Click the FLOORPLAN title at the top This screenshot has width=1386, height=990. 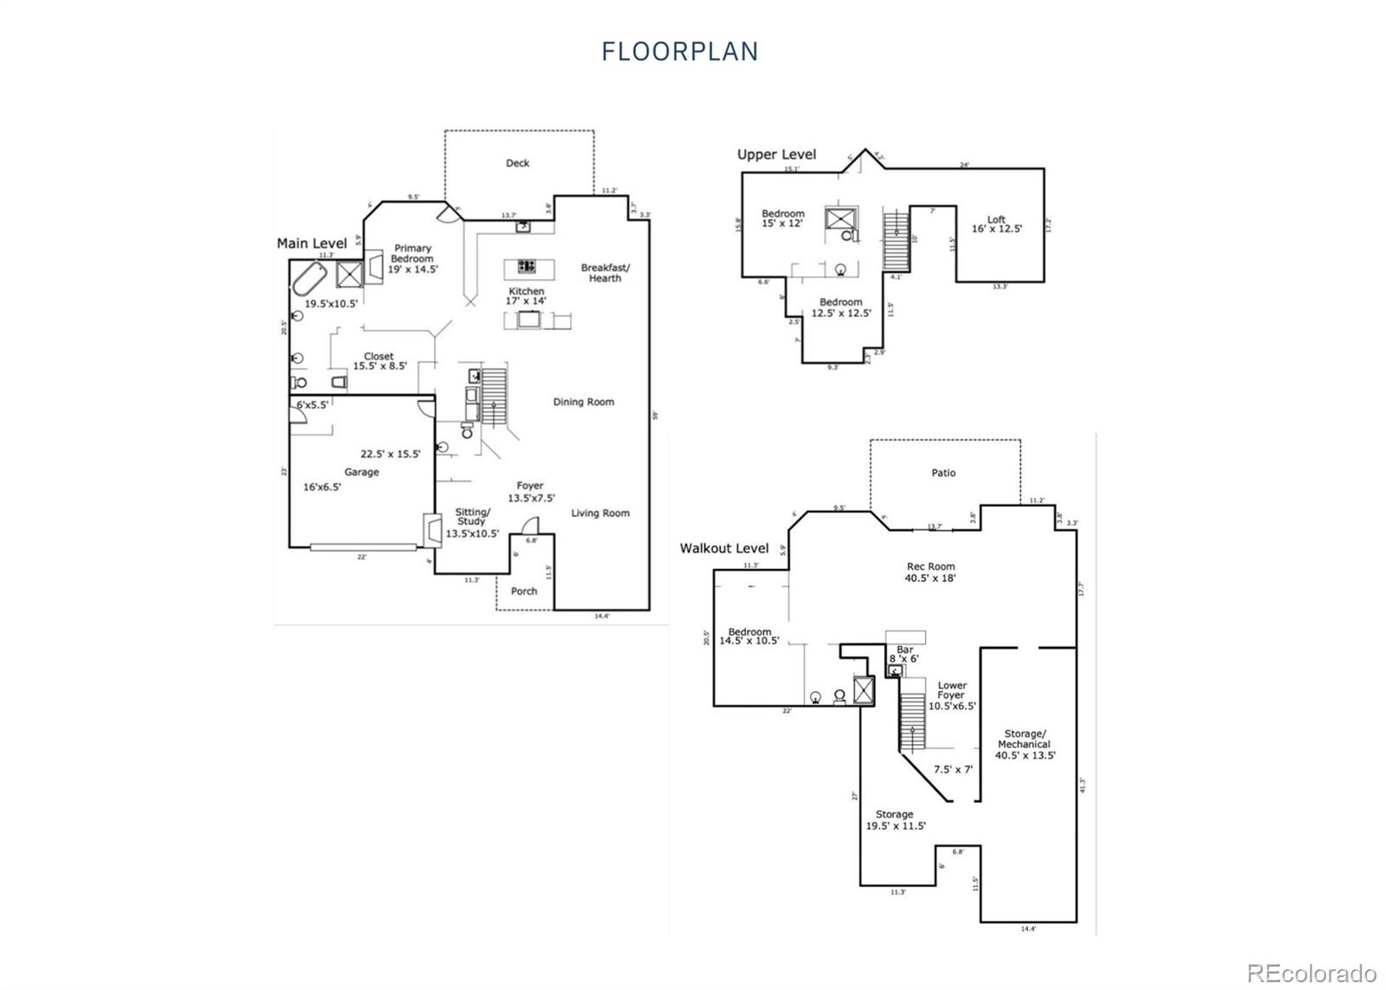point(680,52)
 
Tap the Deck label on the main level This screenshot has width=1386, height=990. point(517,163)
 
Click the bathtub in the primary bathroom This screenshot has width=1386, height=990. point(309,279)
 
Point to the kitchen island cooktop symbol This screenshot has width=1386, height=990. point(526,266)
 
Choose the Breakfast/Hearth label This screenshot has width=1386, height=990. point(605,273)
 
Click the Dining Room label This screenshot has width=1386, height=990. point(583,402)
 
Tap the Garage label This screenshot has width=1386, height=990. point(361,472)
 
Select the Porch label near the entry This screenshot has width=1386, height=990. point(523,591)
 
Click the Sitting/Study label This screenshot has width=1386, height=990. point(472,517)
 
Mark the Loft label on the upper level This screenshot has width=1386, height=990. point(996,220)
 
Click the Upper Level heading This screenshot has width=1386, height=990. point(776,154)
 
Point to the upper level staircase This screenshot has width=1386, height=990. point(895,242)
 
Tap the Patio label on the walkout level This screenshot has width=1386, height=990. point(943,473)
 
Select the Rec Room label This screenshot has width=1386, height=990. point(930,566)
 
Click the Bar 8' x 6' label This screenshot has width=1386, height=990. point(904,654)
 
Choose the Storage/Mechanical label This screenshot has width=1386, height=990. point(1024,739)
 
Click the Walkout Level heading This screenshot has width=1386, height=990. point(724,548)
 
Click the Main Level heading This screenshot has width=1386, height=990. point(312,243)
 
